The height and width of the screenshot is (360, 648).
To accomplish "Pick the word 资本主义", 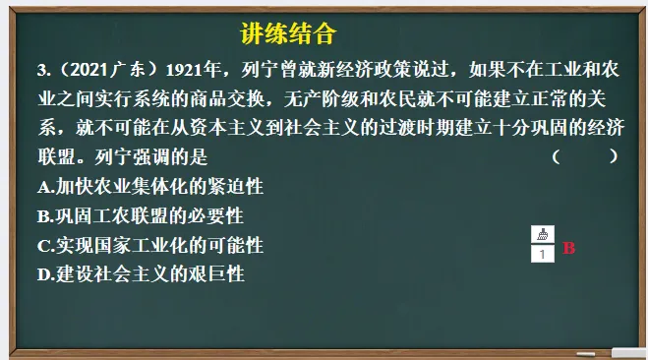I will (233, 127).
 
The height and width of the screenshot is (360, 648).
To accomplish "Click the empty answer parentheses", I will (585, 155).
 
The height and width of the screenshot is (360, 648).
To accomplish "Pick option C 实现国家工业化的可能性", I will (149, 245).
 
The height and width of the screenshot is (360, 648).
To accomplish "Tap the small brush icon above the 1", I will (542, 234).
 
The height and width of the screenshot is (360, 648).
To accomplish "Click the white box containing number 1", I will (542, 254).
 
